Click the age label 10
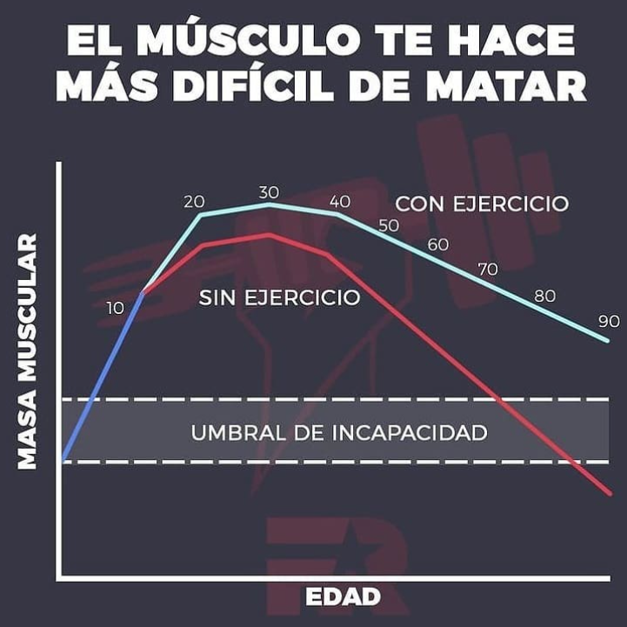click(116, 307)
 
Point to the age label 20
click(194, 201)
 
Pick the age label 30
click(269, 191)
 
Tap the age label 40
click(340, 201)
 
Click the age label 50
click(388, 224)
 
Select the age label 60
click(438, 244)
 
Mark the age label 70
click(488, 269)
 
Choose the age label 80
click(545, 296)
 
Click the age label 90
click(609, 321)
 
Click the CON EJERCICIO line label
click(482, 203)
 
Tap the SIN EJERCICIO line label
click(279, 297)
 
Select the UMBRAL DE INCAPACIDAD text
click(338, 431)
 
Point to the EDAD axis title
click(343, 597)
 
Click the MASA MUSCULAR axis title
click(28, 351)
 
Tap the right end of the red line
click(610, 494)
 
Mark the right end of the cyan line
click(608, 340)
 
